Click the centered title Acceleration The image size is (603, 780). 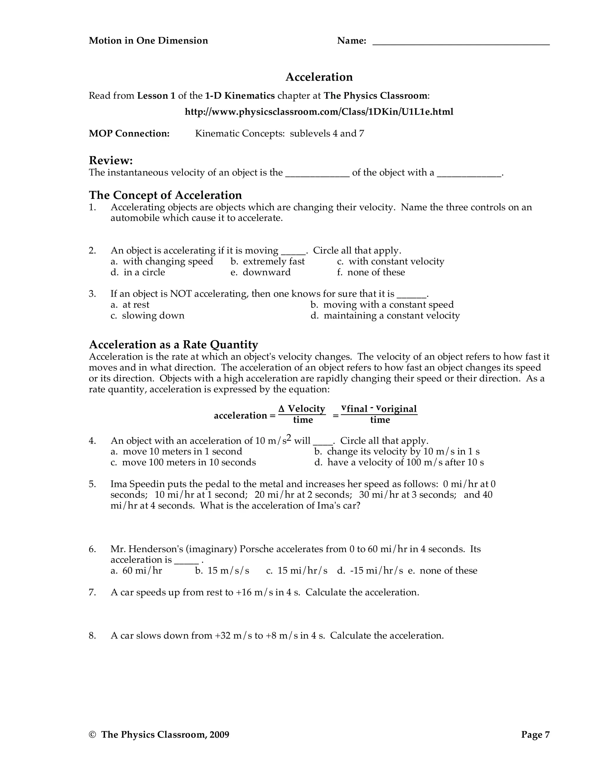319,77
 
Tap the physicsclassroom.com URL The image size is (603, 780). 319,112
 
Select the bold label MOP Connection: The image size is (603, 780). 129,134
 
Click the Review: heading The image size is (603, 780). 111,160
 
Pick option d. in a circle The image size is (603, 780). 138,273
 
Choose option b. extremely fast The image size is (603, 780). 268,261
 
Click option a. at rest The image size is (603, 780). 130,305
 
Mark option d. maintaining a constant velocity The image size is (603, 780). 385,316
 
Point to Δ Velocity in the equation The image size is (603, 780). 302,409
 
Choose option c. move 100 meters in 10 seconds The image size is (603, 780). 183,462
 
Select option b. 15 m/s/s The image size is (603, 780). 222,571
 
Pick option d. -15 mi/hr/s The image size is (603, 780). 370,571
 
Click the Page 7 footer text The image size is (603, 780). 535,735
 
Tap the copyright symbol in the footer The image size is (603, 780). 92,735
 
